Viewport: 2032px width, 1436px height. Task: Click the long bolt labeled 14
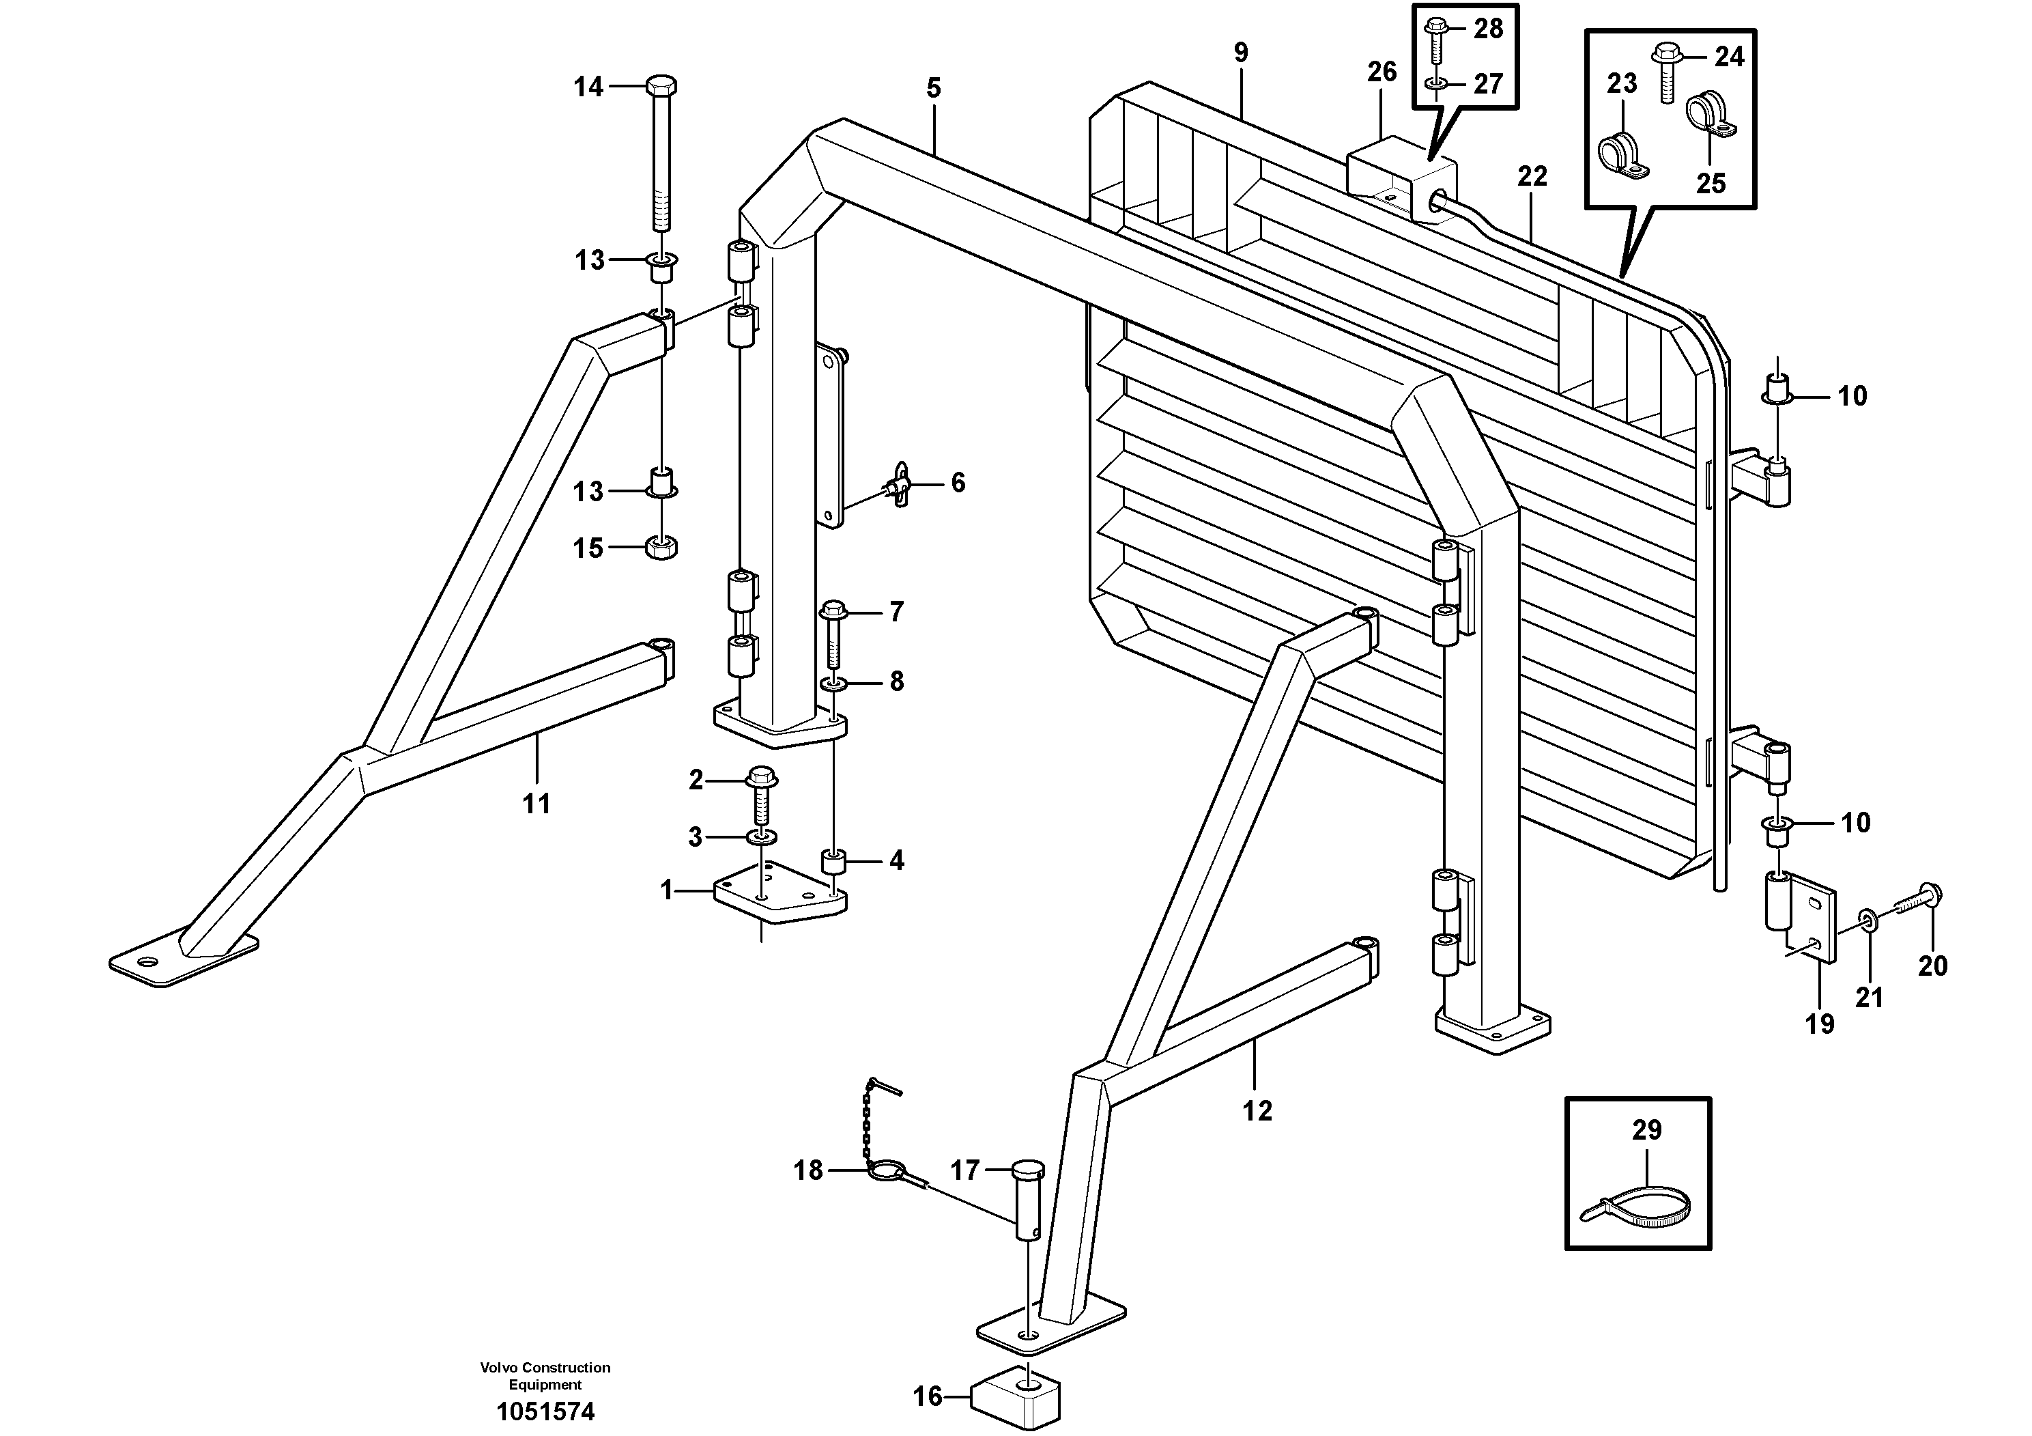(662, 159)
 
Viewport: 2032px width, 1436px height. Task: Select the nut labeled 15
(662, 547)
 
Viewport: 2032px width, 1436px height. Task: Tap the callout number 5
(934, 89)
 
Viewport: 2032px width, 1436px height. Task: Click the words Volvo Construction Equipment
(545, 1376)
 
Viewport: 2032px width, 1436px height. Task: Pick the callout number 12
(1257, 1110)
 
